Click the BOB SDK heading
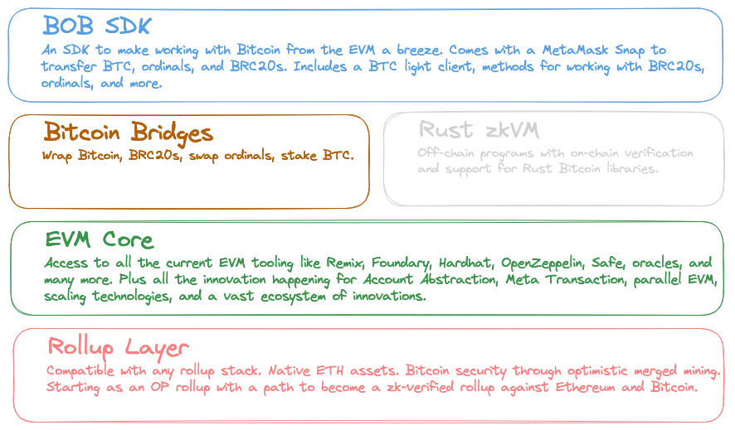click(96, 25)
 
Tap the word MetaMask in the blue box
click(575, 50)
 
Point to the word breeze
click(419, 50)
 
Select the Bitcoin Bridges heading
click(129, 132)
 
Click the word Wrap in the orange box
click(56, 156)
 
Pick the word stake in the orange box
click(299, 155)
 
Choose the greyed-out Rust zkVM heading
click(479, 129)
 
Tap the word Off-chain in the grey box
click(445, 153)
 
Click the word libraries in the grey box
click(632, 168)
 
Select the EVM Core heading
click(100, 239)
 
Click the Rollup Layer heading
click(118, 347)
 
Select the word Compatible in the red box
click(80, 371)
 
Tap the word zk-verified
click(421, 387)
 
